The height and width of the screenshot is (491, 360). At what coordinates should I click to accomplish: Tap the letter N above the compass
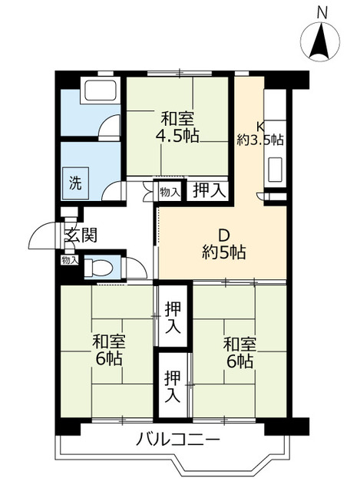pos(322,12)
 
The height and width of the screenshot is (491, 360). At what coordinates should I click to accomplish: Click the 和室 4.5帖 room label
pos(177,127)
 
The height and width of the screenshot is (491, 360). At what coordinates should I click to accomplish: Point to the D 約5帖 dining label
pos(223,243)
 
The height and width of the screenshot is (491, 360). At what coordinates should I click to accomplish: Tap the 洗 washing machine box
pos(75,183)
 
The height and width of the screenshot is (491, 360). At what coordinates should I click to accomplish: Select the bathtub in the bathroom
pos(100,90)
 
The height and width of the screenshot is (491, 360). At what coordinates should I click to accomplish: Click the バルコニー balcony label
pos(179,441)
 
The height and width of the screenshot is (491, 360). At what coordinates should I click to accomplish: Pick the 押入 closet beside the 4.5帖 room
pos(208,190)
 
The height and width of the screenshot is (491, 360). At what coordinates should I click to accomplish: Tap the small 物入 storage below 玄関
pos(70,261)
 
